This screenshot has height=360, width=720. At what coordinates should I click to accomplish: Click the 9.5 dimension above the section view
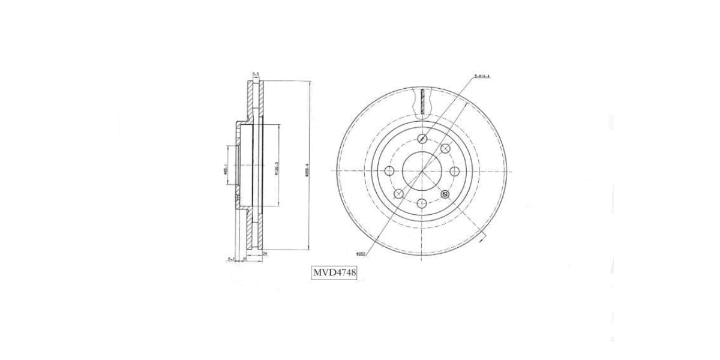click(x=256, y=74)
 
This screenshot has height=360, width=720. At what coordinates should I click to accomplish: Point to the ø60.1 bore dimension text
click(x=225, y=170)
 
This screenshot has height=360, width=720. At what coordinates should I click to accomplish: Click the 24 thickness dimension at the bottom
click(x=264, y=255)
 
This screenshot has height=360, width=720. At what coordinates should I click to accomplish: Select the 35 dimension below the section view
click(x=245, y=260)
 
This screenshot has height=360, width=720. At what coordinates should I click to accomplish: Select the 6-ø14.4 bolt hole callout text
click(x=482, y=76)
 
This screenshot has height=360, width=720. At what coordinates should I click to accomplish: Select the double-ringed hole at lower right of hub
click(x=445, y=194)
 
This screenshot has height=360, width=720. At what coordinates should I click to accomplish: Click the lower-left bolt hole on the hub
click(x=398, y=193)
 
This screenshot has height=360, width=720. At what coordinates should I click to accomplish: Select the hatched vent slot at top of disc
click(x=422, y=101)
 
